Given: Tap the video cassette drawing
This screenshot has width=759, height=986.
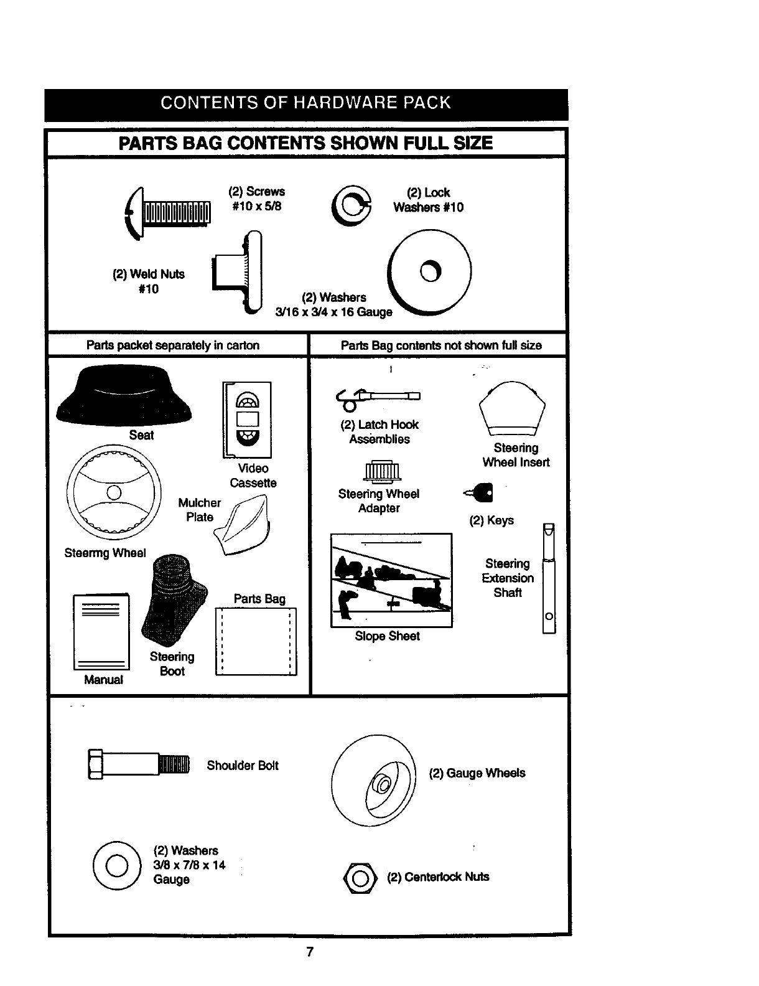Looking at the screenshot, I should tap(247, 420).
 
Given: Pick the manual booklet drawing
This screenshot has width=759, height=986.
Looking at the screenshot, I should tap(101, 632).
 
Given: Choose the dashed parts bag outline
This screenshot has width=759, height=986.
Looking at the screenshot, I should tap(256, 641).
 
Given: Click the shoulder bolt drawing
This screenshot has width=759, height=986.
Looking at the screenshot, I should tap(138, 763).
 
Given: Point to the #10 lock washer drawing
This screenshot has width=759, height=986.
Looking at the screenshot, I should tap(352, 207).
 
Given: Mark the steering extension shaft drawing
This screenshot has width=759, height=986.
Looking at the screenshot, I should tap(548, 579).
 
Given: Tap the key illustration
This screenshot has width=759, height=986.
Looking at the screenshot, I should tap(481, 493).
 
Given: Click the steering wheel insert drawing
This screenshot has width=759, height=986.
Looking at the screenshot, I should tap(513, 408).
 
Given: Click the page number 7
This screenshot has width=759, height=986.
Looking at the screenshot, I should tap(309, 952).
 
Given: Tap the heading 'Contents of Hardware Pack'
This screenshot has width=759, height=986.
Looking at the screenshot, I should tap(305, 103).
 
